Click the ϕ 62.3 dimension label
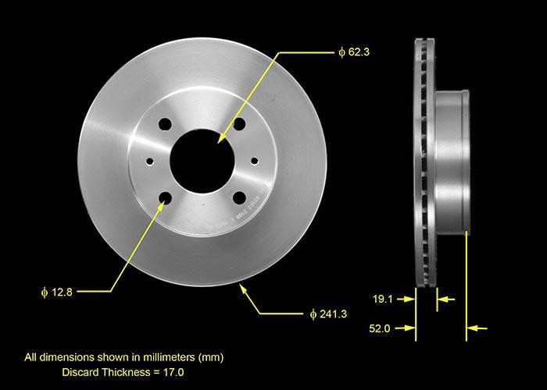(353, 53)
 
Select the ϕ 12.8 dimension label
(56, 292)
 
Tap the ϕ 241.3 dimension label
(328, 314)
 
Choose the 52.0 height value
(381, 328)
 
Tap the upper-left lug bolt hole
(165, 124)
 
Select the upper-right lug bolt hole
(238, 124)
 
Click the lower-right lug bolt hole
(239, 197)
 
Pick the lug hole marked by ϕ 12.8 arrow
(165, 198)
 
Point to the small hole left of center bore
(150, 161)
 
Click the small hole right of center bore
(254, 161)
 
